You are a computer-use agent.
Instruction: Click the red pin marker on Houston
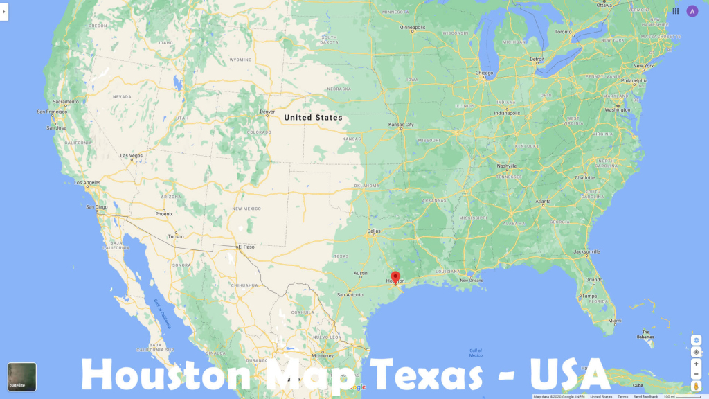pos(395,278)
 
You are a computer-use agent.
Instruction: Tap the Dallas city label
pos(374,231)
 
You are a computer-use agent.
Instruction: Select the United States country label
pos(313,118)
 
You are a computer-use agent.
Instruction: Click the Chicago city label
pos(484,73)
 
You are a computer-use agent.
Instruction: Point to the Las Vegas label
pos(131,156)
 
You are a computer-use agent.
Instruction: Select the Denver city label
pos(267,112)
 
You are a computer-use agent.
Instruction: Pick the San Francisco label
pos(52,112)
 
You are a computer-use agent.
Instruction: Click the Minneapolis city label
pos(417,28)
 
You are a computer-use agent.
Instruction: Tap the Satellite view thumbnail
pos(22,377)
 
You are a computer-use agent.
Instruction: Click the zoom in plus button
pos(696,364)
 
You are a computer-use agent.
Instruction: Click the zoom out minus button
pos(696,374)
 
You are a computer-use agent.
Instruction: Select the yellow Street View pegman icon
pos(696,386)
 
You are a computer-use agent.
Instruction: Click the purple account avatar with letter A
pos(692,11)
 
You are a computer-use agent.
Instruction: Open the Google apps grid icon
pos(676,11)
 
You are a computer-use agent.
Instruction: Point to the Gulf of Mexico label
pos(476,353)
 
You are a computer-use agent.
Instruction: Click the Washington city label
pos(618,109)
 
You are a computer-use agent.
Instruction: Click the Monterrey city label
pos(323,355)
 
